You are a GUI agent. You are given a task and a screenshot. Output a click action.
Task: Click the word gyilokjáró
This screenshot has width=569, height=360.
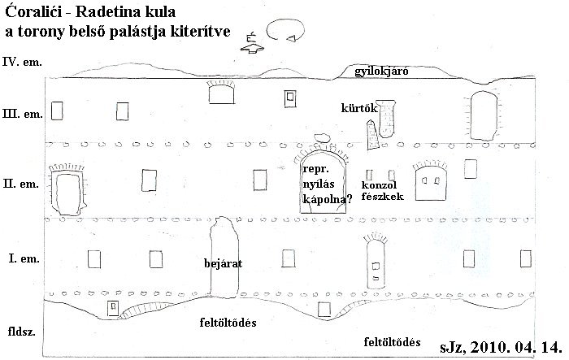[381, 72]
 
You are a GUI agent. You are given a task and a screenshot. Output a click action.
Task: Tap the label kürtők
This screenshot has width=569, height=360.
[359, 108]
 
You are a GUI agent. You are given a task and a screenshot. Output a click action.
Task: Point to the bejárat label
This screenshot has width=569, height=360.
[224, 263]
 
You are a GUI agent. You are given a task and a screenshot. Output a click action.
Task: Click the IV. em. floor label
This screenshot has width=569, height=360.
[22, 62]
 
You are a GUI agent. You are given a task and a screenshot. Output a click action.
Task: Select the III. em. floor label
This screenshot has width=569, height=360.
[23, 114]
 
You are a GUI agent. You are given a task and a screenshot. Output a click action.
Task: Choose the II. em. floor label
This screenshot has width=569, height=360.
[20, 184]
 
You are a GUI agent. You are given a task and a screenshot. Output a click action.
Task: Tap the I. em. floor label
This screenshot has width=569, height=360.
[24, 258]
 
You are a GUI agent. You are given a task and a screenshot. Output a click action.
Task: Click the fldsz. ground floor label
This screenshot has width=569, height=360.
[22, 332]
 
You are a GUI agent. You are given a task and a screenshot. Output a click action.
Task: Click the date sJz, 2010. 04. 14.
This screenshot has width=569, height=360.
[502, 347]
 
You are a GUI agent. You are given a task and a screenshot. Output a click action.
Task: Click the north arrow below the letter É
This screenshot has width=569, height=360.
[253, 49]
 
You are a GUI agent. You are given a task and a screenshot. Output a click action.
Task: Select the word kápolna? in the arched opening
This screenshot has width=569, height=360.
[328, 199]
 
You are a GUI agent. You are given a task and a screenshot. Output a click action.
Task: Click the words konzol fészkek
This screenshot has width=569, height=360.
[383, 191]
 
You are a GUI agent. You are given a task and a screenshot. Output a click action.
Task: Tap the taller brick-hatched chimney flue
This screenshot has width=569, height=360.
[386, 119]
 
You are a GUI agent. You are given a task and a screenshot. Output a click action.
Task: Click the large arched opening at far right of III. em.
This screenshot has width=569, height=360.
[484, 115]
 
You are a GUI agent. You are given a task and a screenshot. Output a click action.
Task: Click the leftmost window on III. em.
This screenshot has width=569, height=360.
[57, 111]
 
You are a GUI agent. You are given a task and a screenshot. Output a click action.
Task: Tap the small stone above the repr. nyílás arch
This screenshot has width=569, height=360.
[322, 137]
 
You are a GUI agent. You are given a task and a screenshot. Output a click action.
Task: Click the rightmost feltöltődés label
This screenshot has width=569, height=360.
[393, 342]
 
